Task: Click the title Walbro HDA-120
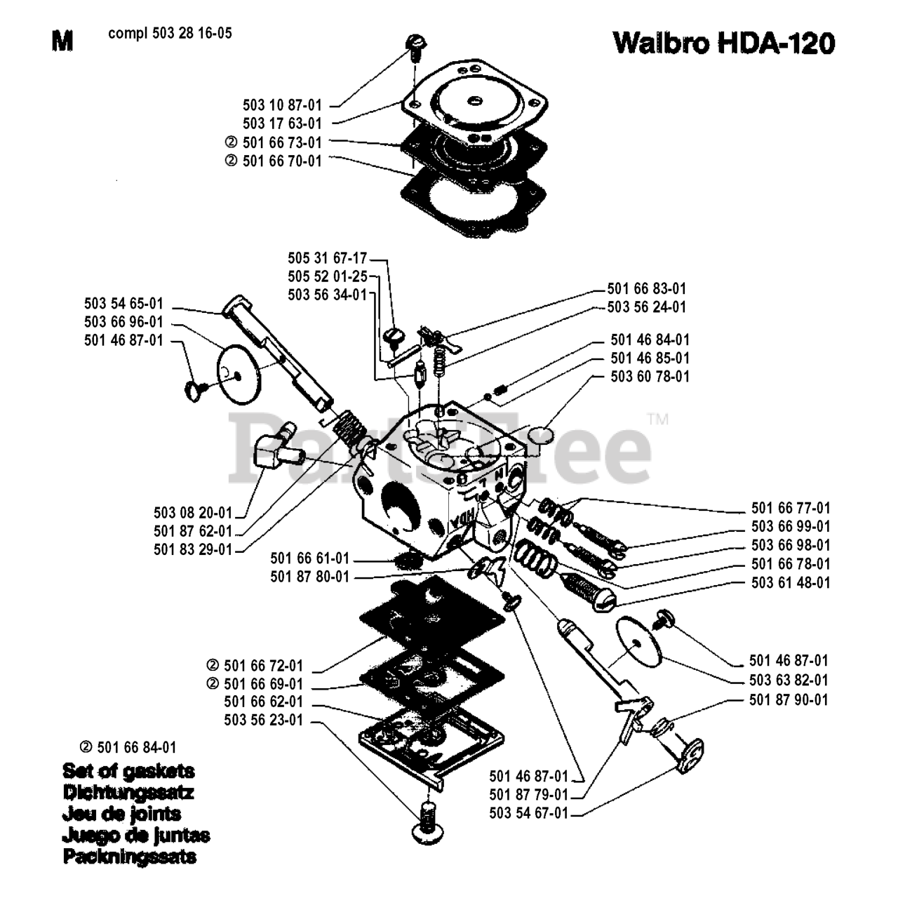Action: [724, 43]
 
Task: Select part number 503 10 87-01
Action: [283, 105]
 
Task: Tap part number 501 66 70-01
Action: [283, 161]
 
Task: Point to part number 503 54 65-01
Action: [124, 304]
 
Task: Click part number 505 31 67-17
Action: [328, 258]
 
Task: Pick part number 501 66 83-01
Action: [647, 289]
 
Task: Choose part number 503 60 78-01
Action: [650, 377]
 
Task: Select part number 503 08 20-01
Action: [193, 513]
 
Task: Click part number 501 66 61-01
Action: [310, 558]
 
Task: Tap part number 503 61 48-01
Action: [791, 582]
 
